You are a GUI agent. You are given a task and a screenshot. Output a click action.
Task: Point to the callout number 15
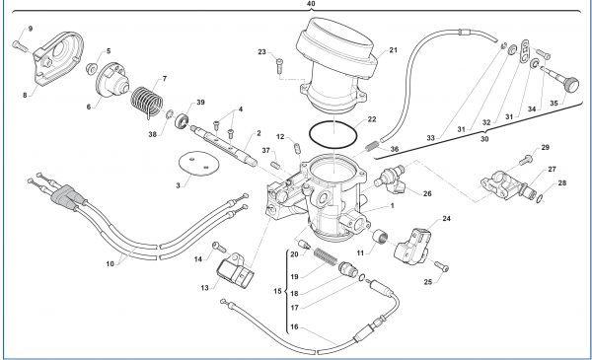[276, 292]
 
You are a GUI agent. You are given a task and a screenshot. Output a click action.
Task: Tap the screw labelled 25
[441, 266]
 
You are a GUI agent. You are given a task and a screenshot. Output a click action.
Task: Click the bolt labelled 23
[279, 67]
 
